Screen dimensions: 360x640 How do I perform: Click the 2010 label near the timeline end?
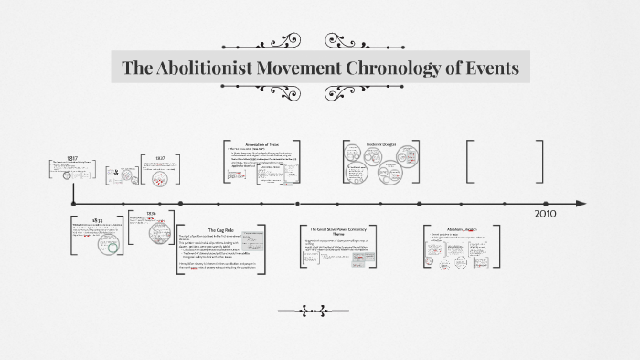[545, 214]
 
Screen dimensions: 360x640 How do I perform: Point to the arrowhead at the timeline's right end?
[582, 203]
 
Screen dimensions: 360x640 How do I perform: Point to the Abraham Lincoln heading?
[457, 228]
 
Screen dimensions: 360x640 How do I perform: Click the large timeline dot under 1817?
[72, 203]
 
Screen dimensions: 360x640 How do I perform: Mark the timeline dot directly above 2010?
[546, 203]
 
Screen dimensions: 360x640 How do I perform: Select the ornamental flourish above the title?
[320, 40]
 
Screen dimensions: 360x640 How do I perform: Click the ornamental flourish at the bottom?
[319, 312]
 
